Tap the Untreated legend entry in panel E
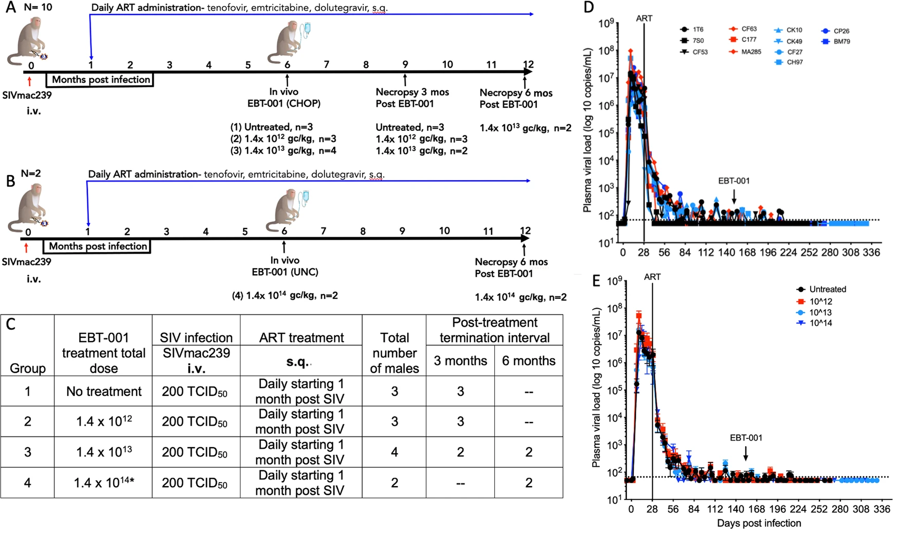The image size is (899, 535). tap(821, 289)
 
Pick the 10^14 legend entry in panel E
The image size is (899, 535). tap(814, 323)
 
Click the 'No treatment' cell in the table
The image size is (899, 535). tap(104, 391)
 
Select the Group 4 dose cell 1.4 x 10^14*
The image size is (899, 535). tap(104, 483)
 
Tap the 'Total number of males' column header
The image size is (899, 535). tap(395, 353)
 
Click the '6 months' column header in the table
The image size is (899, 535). tap(529, 360)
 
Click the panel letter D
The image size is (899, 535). tap(589, 8)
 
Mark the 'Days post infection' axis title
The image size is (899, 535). tap(759, 523)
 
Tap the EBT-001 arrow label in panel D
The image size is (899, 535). tap(734, 181)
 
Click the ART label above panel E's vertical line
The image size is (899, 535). tap(652, 277)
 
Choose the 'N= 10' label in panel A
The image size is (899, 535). tap(38, 7)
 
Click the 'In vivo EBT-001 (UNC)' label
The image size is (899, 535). tap(285, 266)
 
